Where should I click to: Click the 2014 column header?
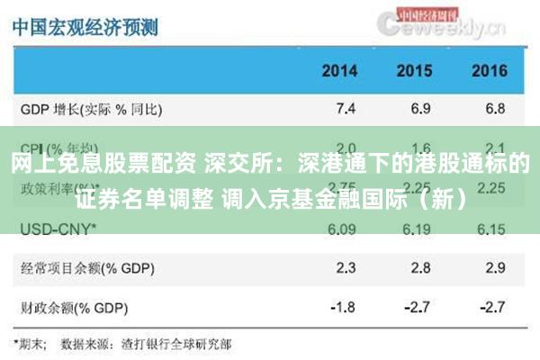pyautogui.click(x=340, y=70)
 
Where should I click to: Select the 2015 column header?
pyautogui.click(x=414, y=70)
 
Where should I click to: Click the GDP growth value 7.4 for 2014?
pyautogui.click(x=345, y=109)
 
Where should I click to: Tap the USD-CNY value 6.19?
pyautogui.click(x=418, y=229)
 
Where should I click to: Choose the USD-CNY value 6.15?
pyautogui.click(x=492, y=229)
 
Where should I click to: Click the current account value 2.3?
pyautogui.click(x=345, y=267)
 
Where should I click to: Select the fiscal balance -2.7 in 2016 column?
pyautogui.click(x=492, y=306)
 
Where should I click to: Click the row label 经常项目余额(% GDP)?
pyautogui.click(x=84, y=268)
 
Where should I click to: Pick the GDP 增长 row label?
pyautogui.click(x=91, y=110)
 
